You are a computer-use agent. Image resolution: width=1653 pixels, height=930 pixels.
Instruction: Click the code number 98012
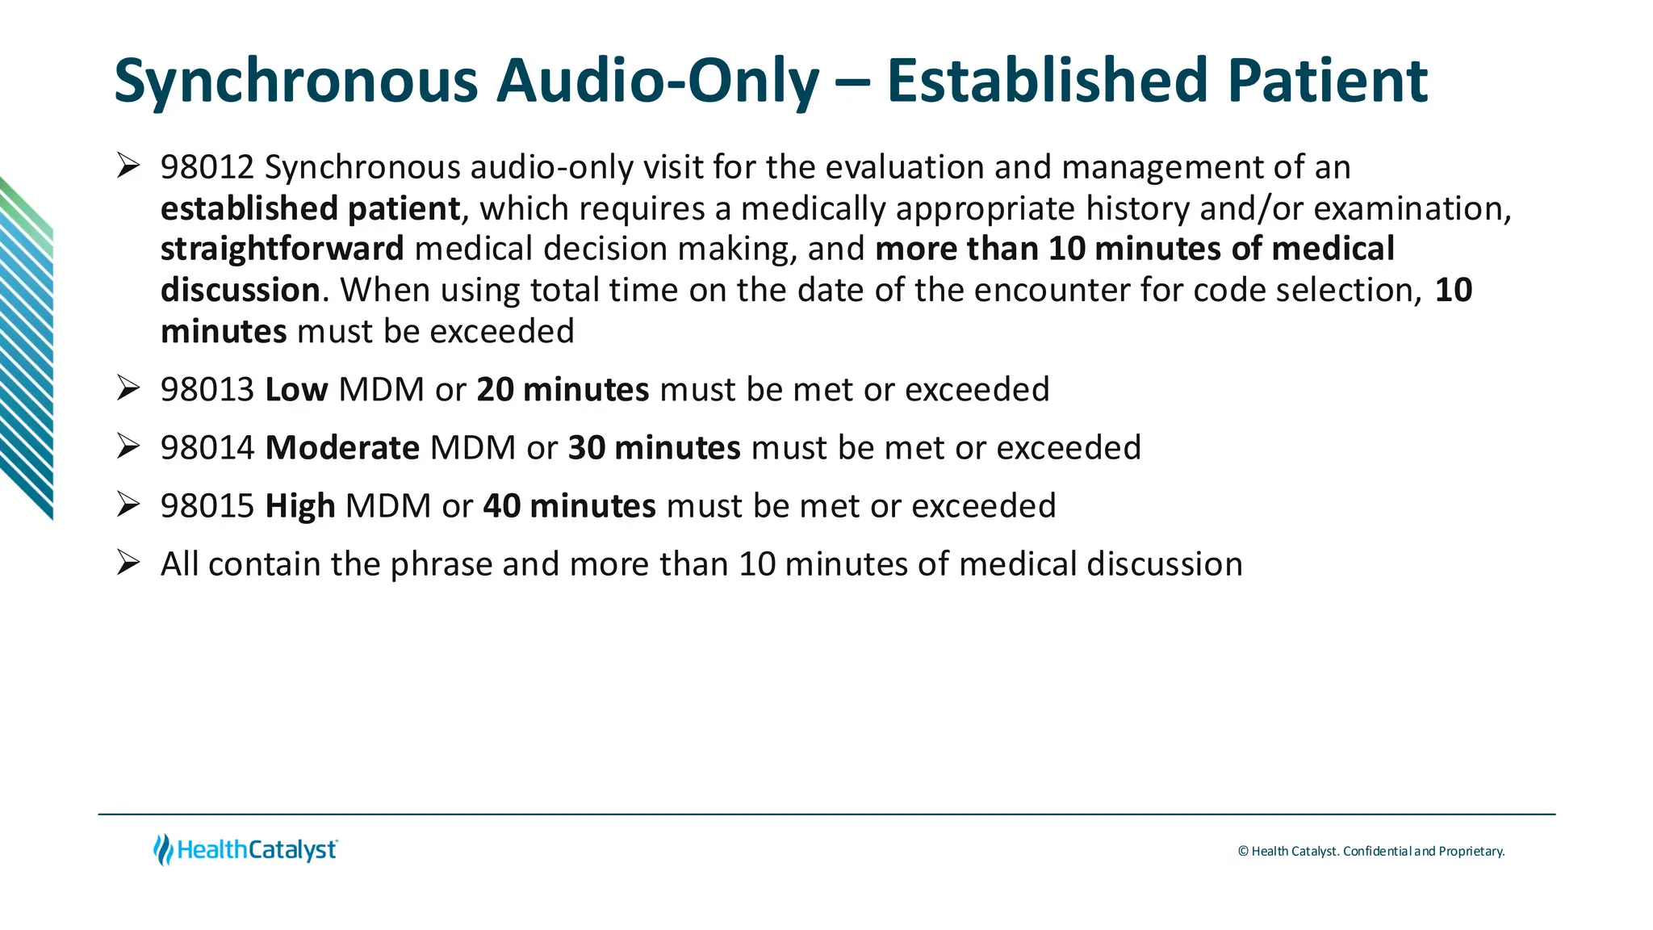click(207, 168)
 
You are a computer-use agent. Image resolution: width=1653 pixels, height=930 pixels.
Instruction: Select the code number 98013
click(207, 390)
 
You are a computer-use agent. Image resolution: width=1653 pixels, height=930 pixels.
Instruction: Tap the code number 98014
click(207, 448)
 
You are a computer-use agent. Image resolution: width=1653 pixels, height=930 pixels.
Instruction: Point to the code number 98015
click(207, 506)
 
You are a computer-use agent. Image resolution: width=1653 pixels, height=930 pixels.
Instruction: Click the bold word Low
click(296, 390)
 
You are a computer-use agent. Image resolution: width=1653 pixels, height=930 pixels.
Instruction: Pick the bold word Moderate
click(342, 448)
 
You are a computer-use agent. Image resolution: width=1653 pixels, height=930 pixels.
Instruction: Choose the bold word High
click(300, 506)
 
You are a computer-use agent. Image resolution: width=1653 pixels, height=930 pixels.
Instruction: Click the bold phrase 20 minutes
click(563, 390)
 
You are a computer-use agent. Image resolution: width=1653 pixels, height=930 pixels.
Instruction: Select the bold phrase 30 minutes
click(654, 448)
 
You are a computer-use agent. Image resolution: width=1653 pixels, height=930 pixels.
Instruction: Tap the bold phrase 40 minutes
click(569, 506)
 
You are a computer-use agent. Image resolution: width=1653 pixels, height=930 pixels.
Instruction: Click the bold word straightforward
click(282, 249)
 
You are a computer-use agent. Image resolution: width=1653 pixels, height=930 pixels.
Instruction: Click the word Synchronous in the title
click(296, 82)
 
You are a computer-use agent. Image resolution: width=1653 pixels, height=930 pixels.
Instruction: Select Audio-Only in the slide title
click(657, 82)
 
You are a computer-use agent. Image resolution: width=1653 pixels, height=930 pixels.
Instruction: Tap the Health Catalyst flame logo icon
click(163, 850)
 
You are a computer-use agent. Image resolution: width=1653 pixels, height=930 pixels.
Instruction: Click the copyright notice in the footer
click(1371, 851)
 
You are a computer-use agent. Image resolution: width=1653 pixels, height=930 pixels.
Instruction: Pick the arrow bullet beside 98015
click(128, 505)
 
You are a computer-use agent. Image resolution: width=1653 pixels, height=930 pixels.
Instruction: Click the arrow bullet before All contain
click(128, 563)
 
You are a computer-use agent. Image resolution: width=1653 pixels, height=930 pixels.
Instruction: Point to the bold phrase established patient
click(310, 209)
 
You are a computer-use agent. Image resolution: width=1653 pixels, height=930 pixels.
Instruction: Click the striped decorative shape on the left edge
click(27, 347)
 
